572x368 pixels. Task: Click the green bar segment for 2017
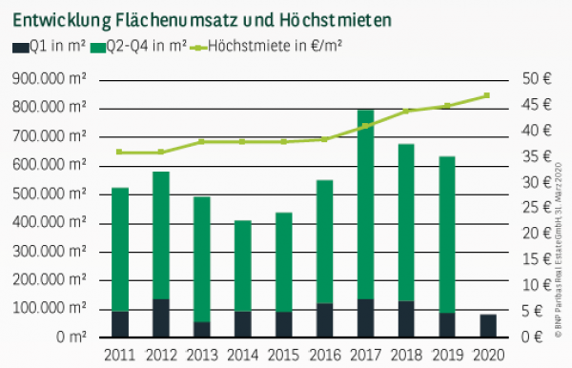pyautogui.click(x=366, y=205)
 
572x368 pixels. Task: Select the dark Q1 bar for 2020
pyautogui.click(x=488, y=325)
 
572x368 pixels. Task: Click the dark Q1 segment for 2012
pyautogui.click(x=161, y=317)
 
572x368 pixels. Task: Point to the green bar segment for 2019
pyautogui.click(x=447, y=234)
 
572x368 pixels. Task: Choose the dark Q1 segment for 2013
pyautogui.click(x=202, y=329)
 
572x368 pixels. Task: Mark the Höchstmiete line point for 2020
pyautogui.click(x=487, y=95)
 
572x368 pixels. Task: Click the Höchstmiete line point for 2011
pyautogui.click(x=120, y=152)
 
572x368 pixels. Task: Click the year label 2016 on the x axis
pyautogui.click(x=324, y=355)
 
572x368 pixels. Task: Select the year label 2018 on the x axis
pyautogui.click(x=406, y=355)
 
